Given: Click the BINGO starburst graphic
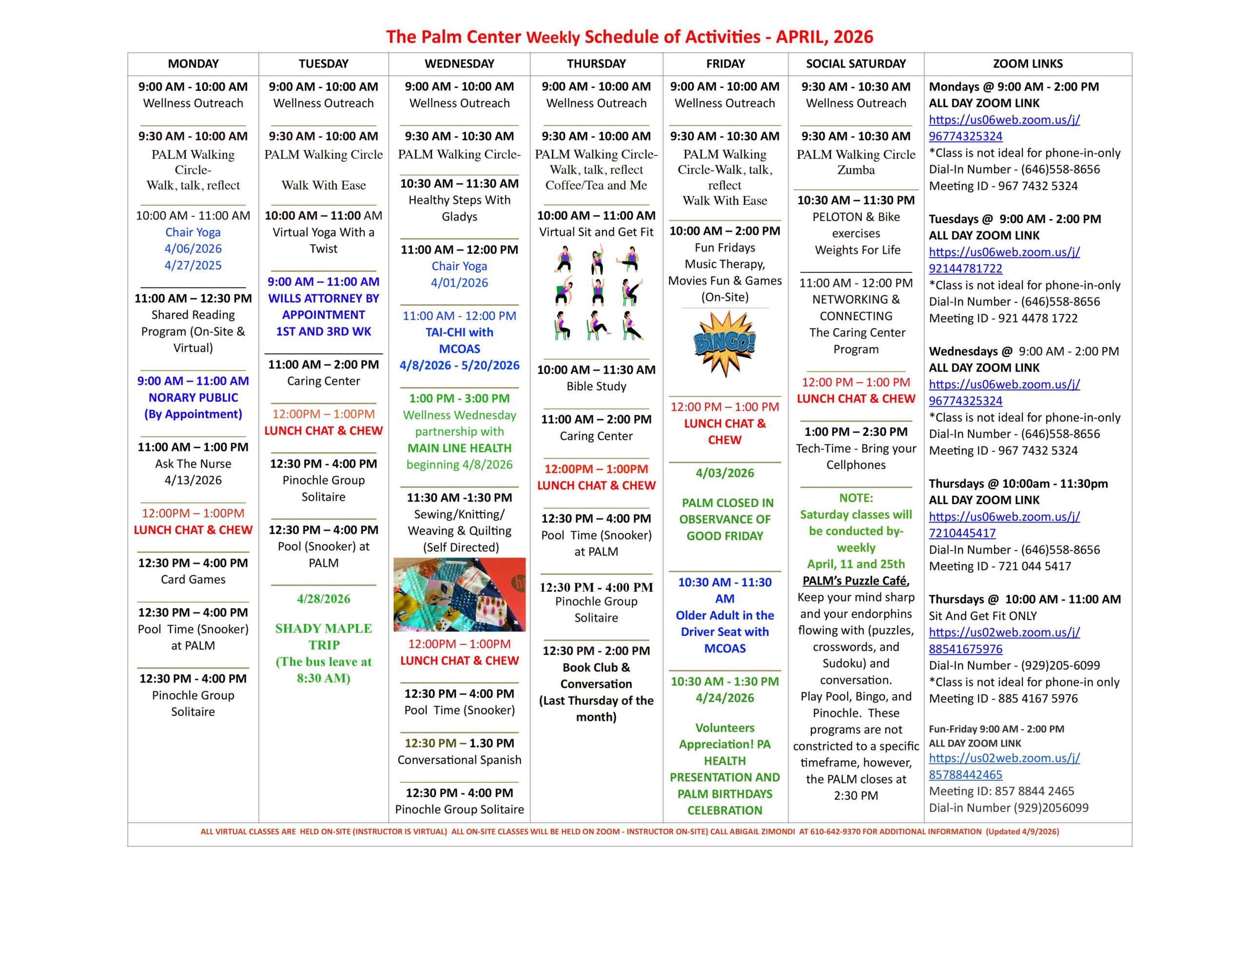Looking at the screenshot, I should click(724, 344).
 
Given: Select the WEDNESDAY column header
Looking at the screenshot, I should click(459, 64).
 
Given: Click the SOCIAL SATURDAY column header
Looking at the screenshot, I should click(856, 64).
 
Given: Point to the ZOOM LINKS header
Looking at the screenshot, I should click(1028, 64).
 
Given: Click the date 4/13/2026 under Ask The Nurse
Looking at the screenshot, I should click(193, 480).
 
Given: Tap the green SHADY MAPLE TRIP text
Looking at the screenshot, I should click(323, 636).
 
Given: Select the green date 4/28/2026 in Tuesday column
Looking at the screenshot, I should click(323, 599).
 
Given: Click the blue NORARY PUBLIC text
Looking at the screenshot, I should click(193, 398).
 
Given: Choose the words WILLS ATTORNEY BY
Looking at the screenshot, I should click(323, 298).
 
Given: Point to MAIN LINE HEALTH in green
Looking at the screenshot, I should click(459, 448).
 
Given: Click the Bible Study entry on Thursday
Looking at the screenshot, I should click(596, 386).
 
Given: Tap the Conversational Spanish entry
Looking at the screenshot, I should click(459, 760).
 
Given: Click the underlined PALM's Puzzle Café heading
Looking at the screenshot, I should click(856, 580).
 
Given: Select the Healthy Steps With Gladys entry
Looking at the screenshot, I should click(459, 208).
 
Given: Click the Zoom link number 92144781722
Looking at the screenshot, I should click(965, 269).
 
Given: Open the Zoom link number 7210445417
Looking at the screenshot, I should click(962, 533).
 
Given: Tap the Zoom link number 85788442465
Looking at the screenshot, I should click(965, 775).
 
